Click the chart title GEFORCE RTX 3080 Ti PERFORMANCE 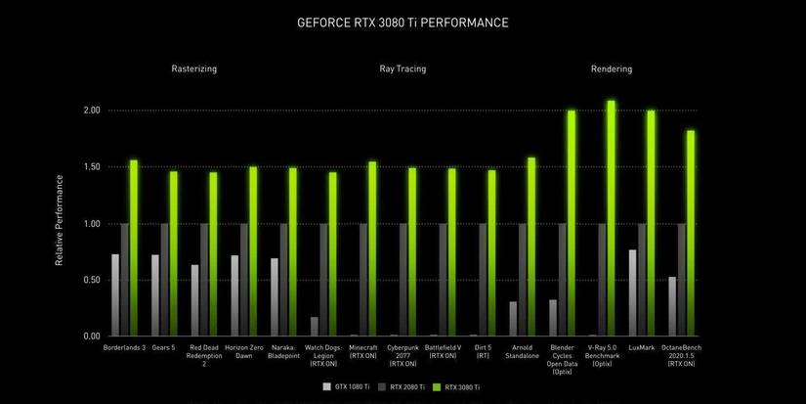403,22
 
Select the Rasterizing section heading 193,69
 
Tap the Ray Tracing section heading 403,69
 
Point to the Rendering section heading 612,69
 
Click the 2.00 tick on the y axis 91,111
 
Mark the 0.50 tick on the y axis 91,280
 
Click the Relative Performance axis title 60,220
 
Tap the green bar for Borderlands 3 134,248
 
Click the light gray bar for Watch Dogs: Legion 315,326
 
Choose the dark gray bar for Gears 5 165,280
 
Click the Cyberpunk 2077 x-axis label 402,355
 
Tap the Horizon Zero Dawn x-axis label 241,351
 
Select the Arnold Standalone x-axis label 522,351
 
